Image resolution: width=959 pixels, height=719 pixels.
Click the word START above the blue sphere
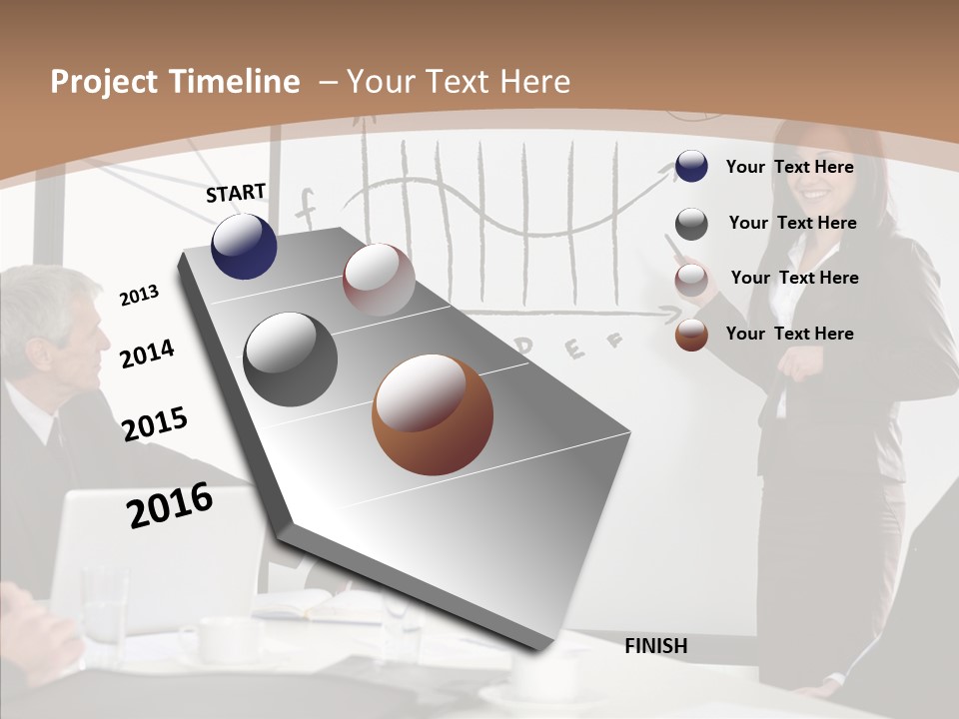coord(236,193)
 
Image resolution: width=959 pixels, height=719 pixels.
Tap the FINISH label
coord(655,646)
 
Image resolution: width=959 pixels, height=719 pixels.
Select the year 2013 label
coord(139,295)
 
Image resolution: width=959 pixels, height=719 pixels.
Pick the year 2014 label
coord(147,354)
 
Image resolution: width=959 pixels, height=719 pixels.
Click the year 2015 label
coord(155,423)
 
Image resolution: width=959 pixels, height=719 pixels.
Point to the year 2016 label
coord(170,505)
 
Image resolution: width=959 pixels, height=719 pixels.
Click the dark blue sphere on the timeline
coord(244,246)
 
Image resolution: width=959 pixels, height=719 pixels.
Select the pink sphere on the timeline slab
coord(379,280)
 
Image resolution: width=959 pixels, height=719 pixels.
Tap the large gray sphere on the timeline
coord(290,359)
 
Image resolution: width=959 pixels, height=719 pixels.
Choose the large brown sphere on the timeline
coord(433,414)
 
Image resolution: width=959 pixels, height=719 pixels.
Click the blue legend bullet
coord(691,166)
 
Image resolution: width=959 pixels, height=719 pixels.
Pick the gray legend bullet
coord(691,224)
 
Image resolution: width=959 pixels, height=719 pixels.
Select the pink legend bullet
coord(691,280)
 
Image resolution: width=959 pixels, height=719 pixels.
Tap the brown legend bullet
coord(691,335)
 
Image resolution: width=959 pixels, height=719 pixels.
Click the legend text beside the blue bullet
coord(789,167)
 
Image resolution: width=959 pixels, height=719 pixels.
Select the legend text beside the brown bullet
coord(789,334)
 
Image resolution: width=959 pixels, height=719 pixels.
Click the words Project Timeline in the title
coord(175,82)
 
